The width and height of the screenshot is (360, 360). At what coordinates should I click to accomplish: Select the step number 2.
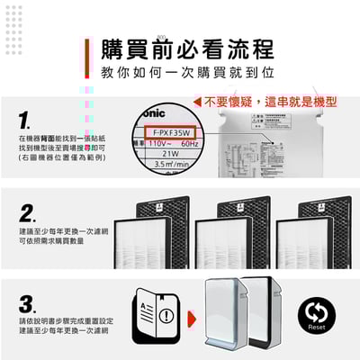coord(28,214)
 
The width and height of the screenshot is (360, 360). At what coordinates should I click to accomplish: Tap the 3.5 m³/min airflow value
coord(171,166)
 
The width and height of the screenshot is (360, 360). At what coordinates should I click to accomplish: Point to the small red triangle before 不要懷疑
coord(197,102)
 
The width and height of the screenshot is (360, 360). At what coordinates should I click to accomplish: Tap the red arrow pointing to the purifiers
coord(192,318)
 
